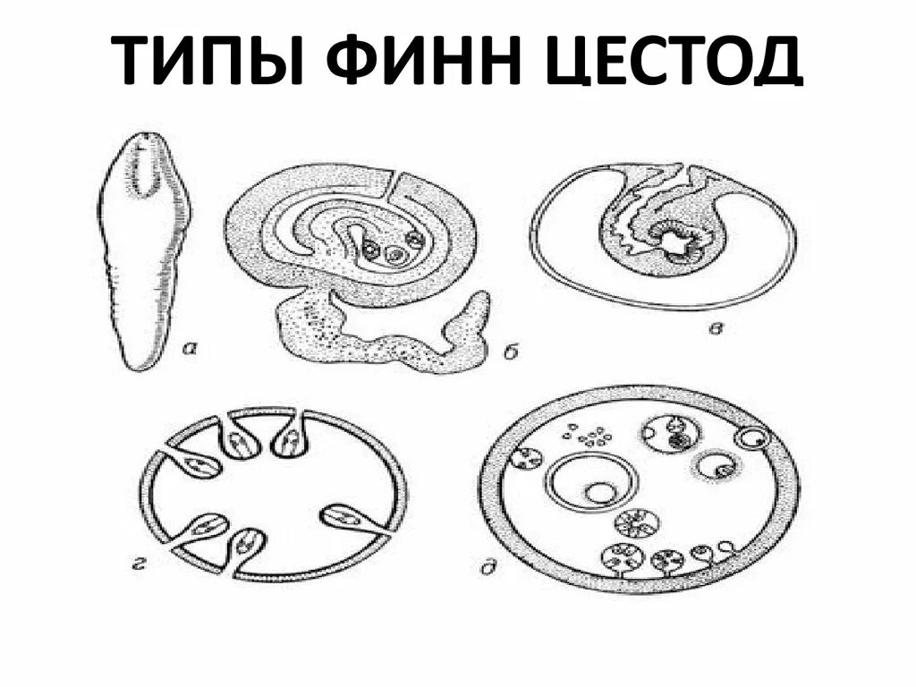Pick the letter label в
[715, 329]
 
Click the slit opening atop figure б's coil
[394, 184]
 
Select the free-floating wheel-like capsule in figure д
[638, 521]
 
